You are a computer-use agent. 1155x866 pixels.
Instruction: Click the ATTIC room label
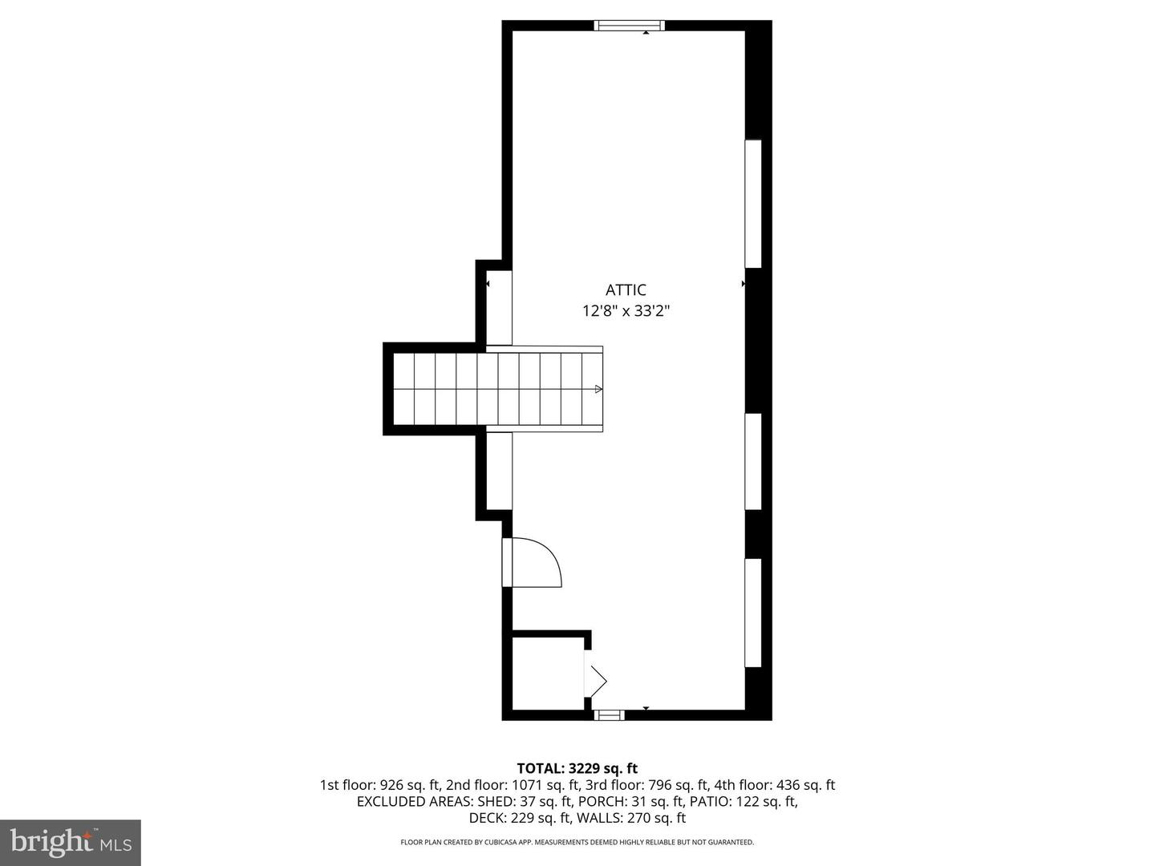click(x=626, y=290)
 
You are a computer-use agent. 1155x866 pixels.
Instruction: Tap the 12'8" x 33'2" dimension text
click(x=626, y=311)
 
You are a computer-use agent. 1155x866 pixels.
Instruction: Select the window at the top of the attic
click(x=630, y=26)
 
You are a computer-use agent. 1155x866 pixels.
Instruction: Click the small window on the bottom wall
click(x=609, y=714)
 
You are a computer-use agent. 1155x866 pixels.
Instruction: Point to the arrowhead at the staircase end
click(x=598, y=389)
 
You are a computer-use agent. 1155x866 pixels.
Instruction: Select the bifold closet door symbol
click(x=597, y=681)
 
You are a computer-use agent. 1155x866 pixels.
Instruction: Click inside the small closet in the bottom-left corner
click(x=547, y=673)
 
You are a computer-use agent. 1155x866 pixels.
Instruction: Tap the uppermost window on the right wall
click(x=753, y=204)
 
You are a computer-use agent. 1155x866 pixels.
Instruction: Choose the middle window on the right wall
click(x=753, y=461)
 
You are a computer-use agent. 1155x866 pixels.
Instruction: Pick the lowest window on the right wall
click(x=753, y=613)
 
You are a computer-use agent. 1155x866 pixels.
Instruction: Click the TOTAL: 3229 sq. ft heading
click(x=577, y=768)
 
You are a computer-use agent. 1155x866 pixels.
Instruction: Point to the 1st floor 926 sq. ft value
click(x=379, y=785)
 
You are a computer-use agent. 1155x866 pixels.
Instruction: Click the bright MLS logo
click(x=71, y=842)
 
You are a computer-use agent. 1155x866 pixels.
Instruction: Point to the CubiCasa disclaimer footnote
click(x=577, y=843)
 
